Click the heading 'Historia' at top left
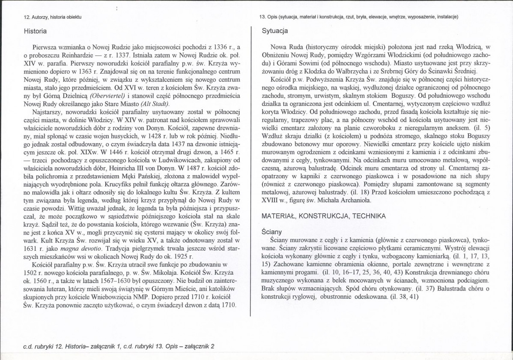pos(36,31)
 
